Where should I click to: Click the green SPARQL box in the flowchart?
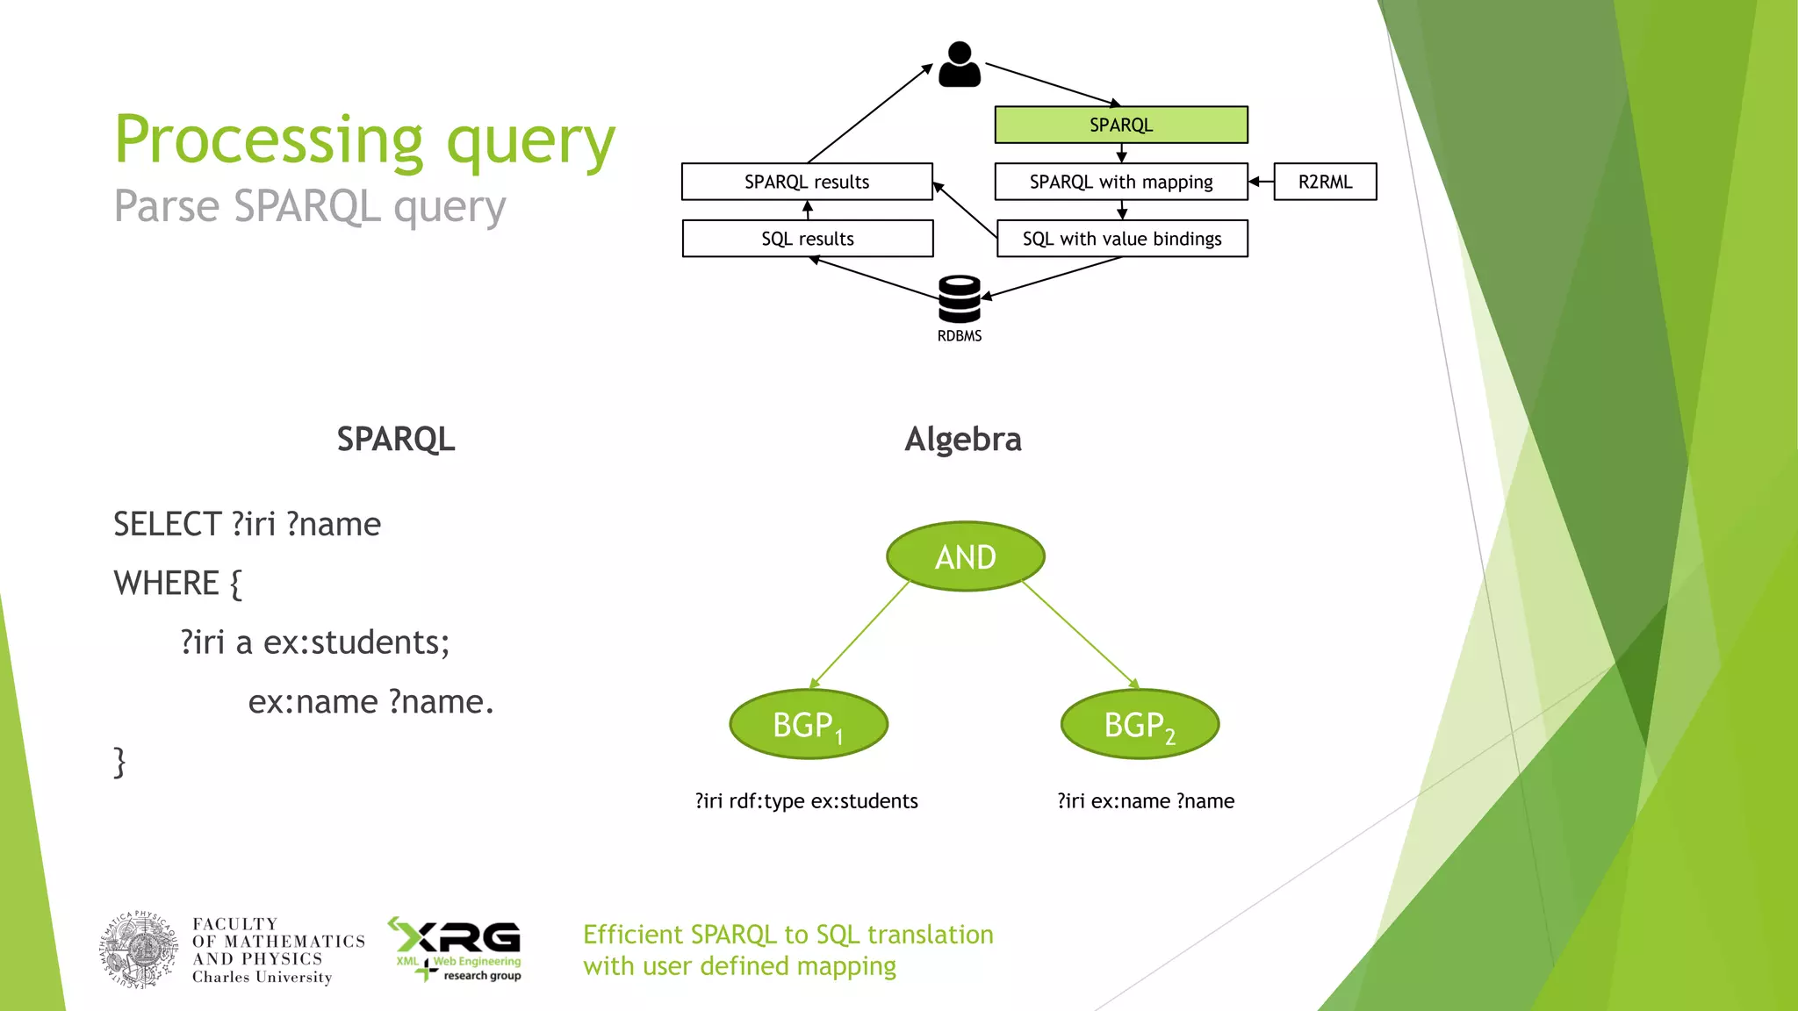pos(1120,125)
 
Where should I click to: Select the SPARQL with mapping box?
pos(1120,182)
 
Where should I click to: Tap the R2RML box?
pos(1324,182)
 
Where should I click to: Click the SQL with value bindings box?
pos(1121,239)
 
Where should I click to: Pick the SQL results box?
pos(807,239)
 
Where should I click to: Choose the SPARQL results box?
pos(806,182)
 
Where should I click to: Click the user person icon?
pos(959,65)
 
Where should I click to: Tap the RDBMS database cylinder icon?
pos(959,299)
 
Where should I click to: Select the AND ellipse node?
pos(965,556)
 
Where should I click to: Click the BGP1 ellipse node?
pos(808,725)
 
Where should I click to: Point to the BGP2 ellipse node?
pos(1139,725)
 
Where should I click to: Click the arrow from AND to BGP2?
pos(1081,635)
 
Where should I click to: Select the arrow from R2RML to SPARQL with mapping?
pos(1261,182)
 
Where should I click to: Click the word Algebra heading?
pos(962,439)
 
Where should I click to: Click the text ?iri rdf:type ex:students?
pos(806,800)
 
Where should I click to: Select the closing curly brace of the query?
pos(119,762)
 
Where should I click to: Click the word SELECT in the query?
pos(167,524)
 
